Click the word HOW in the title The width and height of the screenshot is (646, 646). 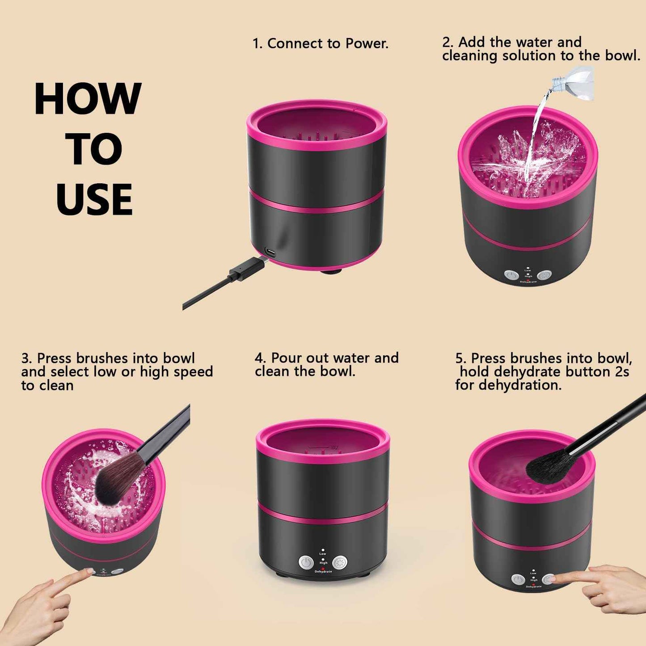pyautogui.click(x=88, y=99)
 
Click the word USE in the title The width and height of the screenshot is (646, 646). pyautogui.click(x=94, y=199)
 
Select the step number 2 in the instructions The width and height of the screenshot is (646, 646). pyautogui.click(x=447, y=42)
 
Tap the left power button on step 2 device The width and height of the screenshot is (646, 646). pyautogui.click(x=510, y=275)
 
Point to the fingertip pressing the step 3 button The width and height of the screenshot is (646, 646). pyautogui.click(x=89, y=572)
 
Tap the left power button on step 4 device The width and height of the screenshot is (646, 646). pyautogui.click(x=305, y=562)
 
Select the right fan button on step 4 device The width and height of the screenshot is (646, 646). pyautogui.click(x=340, y=562)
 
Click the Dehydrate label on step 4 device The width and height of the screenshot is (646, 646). pyautogui.click(x=323, y=572)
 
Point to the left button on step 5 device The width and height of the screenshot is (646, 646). pyautogui.click(x=518, y=580)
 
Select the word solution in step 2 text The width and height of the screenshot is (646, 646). pyautogui.click(x=529, y=56)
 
